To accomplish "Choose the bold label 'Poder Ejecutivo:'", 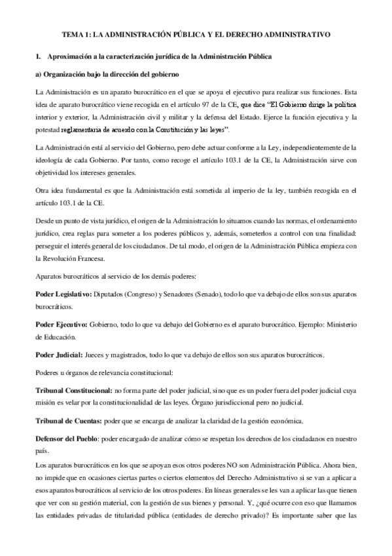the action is pyautogui.click(x=61, y=325).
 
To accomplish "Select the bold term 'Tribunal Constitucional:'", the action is pyautogui.click(x=74, y=390).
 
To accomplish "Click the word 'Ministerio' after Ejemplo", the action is pyautogui.click(x=339, y=325).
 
